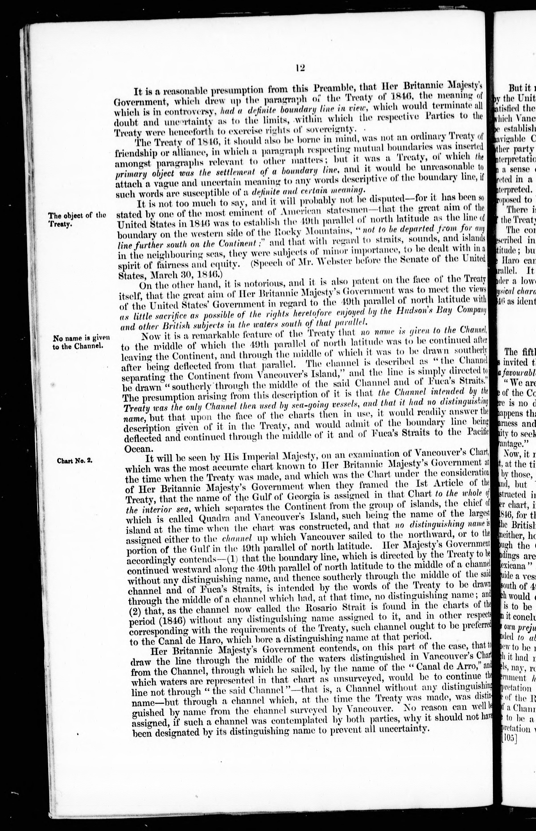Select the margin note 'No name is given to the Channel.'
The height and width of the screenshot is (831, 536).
pyautogui.click(x=81, y=341)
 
